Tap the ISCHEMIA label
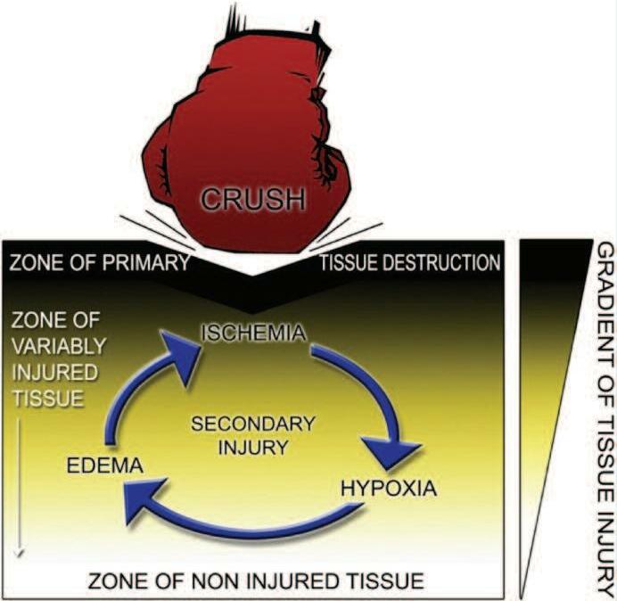pyautogui.click(x=254, y=333)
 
